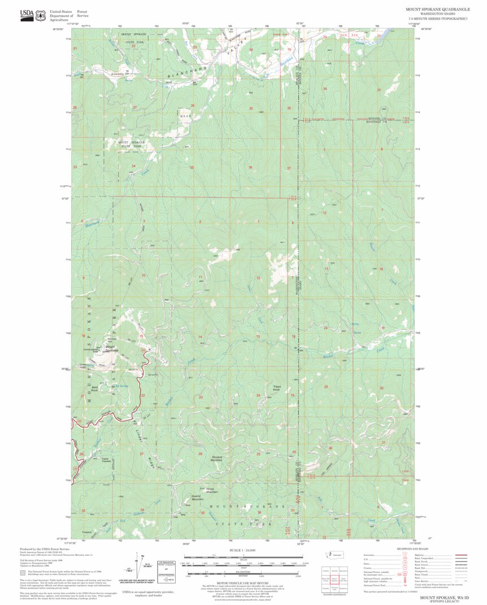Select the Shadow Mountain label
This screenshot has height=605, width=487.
[x=218, y=459]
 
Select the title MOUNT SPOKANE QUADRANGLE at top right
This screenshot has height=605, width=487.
[x=436, y=10]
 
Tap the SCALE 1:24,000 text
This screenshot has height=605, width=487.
[x=243, y=550]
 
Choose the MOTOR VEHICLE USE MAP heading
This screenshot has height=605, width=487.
[x=243, y=582]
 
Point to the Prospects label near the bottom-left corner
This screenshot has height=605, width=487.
[x=86, y=531]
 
